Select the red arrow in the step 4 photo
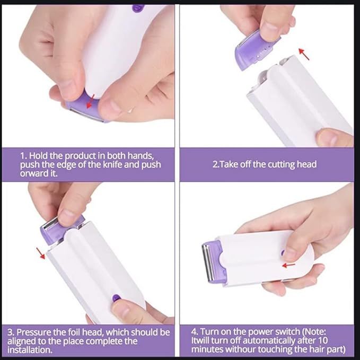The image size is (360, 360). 289,265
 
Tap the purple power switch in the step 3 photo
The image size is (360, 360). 116,299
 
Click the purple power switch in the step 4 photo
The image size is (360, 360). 283,253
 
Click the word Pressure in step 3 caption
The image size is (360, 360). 37,332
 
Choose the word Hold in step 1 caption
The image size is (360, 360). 40,155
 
